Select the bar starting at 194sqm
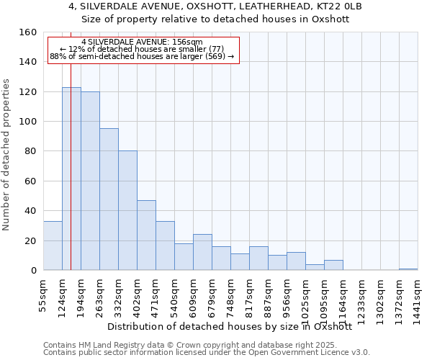click(90, 181)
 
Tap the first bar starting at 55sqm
click(53, 246)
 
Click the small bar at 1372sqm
click(408, 269)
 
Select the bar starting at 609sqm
click(202, 252)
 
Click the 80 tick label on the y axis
click(29, 152)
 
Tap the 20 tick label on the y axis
click(29, 241)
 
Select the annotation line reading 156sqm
click(142, 42)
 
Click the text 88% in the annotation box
click(58, 56)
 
